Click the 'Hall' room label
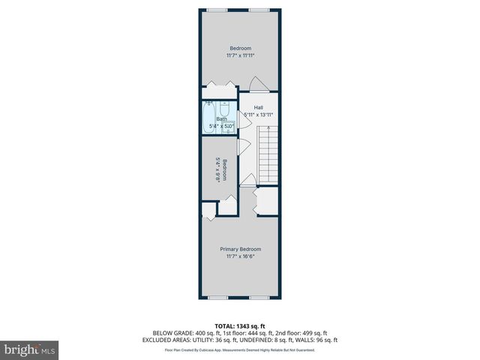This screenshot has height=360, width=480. (x=258, y=107)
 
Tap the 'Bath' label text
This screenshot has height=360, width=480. (x=222, y=118)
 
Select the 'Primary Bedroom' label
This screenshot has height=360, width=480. (x=240, y=249)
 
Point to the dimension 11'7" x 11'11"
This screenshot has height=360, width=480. (x=240, y=55)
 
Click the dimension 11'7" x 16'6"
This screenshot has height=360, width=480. (x=240, y=256)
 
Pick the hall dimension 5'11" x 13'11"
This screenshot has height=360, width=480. (x=259, y=114)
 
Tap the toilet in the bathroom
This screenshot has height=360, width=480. (x=225, y=108)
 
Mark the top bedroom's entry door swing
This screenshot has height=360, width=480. (x=256, y=83)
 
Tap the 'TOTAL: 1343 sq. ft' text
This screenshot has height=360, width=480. (x=240, y=325)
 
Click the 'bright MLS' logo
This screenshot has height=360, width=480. (x=30, y=349)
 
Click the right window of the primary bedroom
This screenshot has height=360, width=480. (x=260, y=298)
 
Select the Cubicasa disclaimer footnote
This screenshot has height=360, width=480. (x=240, y=349)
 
